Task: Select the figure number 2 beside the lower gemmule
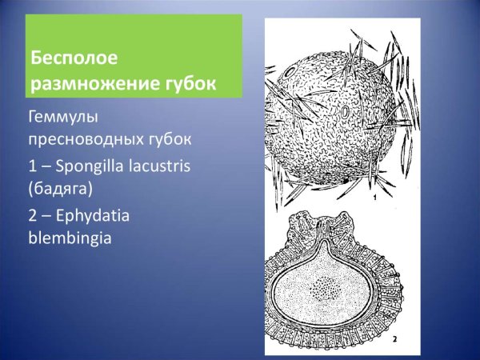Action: click(394, 339)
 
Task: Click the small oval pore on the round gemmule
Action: click(345, 114)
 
